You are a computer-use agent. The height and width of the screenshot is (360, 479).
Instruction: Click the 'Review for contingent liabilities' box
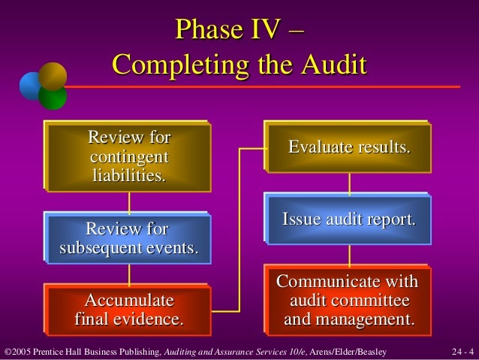[129, 156]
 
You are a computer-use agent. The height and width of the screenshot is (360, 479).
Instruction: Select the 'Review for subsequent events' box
[129, 238]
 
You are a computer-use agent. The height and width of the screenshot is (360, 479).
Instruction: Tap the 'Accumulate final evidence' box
[129, 310]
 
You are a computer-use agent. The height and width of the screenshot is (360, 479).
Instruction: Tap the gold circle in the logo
[53, 77]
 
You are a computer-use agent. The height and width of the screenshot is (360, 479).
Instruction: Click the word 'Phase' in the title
[204, 30]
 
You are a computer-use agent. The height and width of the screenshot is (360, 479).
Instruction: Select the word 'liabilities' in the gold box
[129, 177]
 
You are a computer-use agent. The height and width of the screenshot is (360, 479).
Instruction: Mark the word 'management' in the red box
[366, 320]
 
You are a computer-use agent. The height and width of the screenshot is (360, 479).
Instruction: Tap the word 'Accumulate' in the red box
[129, 301]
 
